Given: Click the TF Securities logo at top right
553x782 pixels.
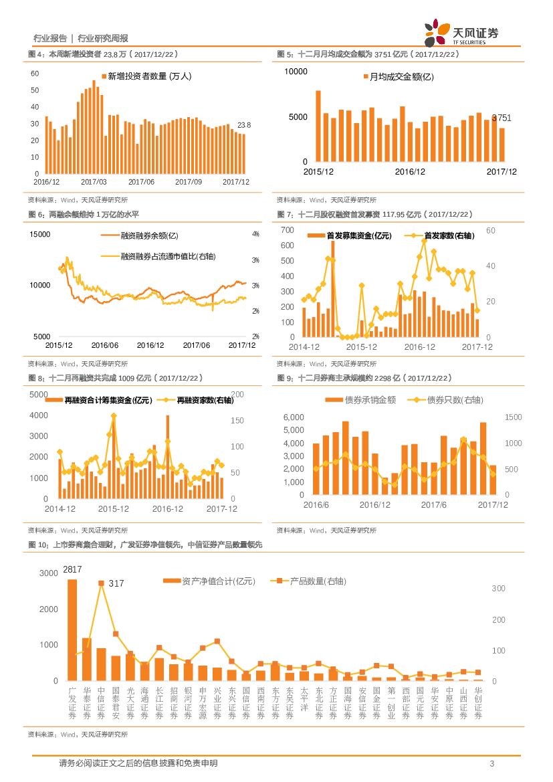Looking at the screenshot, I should click(x=461, y=32).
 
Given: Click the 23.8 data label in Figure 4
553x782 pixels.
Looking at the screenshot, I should click(x=244, y=125).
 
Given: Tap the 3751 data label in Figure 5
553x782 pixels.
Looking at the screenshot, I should click(x=502, y=118).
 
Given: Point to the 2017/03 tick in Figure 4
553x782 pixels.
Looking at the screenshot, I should click(x=94, y=181).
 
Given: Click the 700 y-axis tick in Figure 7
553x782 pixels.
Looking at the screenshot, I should click(x=287, y=230).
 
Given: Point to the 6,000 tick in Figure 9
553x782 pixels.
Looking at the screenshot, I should click(x=294, y=417).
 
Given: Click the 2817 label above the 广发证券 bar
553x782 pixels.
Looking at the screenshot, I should click(x=72, y=569).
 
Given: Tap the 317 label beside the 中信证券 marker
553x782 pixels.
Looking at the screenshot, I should click(x=116, y=583).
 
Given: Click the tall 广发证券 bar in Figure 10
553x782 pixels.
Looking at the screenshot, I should click(x=72, y=629).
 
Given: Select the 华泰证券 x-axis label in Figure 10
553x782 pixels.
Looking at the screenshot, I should click(x=87, y=702).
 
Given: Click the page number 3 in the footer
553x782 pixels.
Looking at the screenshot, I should click(x=491, y=764).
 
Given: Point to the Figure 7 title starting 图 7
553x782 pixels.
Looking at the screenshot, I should click(x=375, y=215).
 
